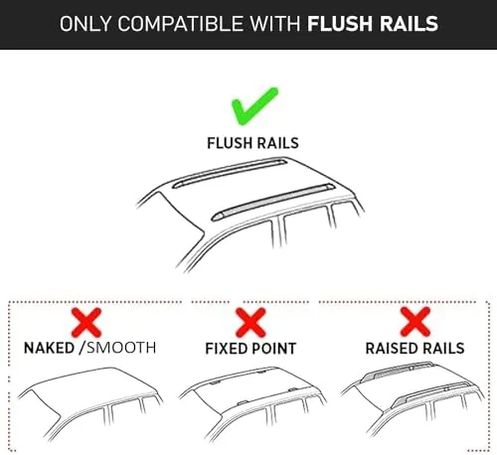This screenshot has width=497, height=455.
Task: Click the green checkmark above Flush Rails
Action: (253, 106)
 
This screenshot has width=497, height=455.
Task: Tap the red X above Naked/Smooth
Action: (86, 323)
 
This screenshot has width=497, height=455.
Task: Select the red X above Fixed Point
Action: (250, 323)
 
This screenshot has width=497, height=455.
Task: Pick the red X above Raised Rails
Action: (415, 322)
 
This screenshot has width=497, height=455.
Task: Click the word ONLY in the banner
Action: (85, 24)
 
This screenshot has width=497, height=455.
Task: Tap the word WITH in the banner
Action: (275, 24)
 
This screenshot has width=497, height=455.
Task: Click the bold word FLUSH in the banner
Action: (340, 24)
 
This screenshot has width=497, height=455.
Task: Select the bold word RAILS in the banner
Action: (409, 24)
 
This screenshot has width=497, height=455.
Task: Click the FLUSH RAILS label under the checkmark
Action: (252, 143)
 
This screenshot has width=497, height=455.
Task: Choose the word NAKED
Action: (49, 348)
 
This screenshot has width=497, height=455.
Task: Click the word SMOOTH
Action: (121, 348)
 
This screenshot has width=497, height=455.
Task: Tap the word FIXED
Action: (227, 349)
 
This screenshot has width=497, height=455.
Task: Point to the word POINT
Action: (273, 349)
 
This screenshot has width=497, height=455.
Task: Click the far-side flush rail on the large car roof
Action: (230, 173)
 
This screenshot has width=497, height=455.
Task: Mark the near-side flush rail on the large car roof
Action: (273, 202)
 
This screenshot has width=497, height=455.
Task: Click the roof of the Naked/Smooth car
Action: (92, 389)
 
